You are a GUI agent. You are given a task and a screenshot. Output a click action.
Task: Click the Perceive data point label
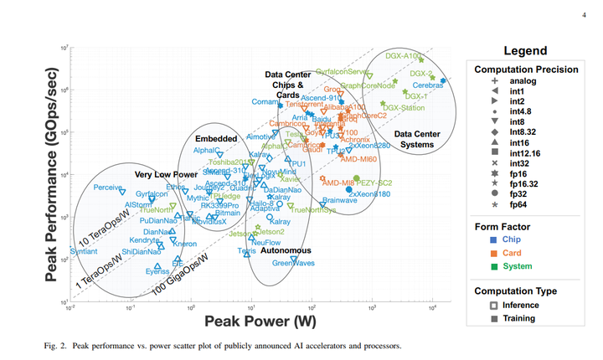point(108,187)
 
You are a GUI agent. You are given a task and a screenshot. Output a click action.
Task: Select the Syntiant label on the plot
point(84,251)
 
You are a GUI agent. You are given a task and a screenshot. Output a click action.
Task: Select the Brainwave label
point(339,200)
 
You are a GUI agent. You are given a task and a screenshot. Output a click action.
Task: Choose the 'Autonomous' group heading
point(286,250)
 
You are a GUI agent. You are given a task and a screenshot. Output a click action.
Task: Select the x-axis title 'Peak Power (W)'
point(252,322)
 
